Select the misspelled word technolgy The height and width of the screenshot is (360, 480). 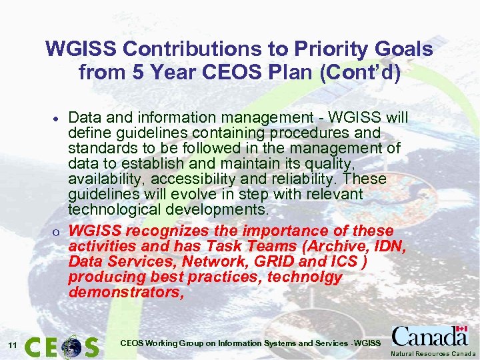click(x=305, y=277)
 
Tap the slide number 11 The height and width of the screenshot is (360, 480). click(x=12, y=345)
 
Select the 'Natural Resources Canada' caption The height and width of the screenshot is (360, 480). click(x=433, y=353)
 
